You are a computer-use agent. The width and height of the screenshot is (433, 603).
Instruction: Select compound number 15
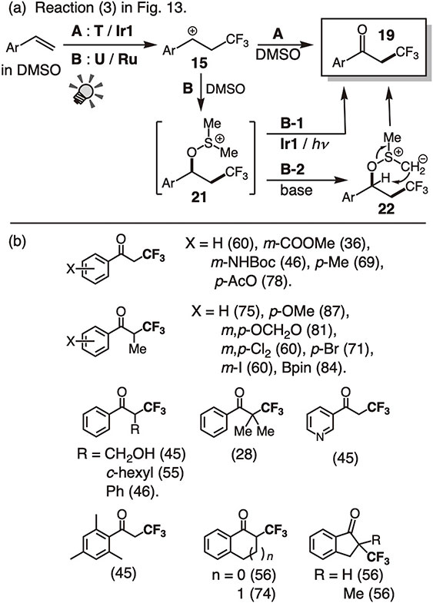tap(199, 63)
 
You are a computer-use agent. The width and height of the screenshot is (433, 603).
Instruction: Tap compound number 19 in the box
tap(385, 35)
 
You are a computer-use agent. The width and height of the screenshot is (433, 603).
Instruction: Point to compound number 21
tap(199, 197)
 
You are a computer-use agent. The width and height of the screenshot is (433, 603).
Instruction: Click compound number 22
tap(386, 208)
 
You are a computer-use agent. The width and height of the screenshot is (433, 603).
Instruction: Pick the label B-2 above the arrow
tap(292, 169)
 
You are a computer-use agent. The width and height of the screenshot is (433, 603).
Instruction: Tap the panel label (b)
tap(17, 243)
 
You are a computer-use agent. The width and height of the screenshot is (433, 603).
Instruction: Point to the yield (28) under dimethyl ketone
tap(244, 455)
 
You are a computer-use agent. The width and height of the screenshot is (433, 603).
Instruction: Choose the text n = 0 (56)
tap(244, 575)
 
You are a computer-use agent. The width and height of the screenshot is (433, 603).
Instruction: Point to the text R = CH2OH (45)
tap(132, 454)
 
